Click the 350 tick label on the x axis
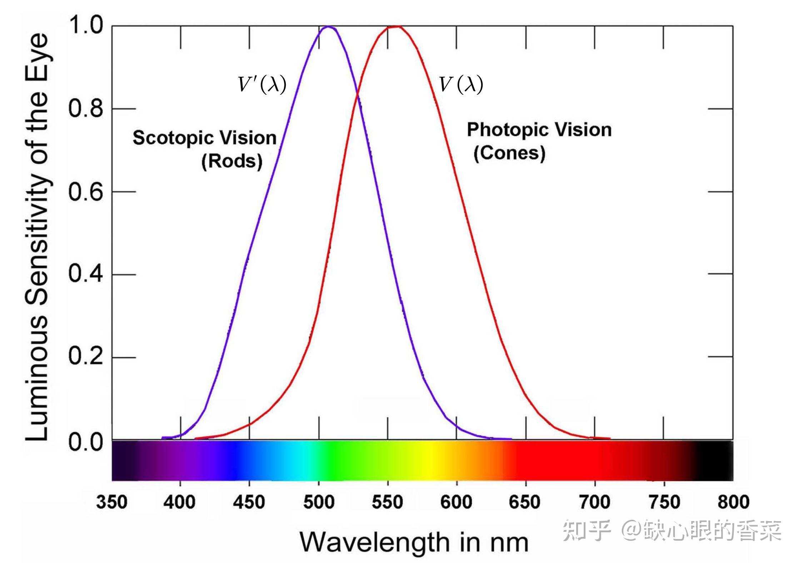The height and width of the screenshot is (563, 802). [111, 502]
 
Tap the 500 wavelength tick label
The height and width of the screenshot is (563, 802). [319, 502]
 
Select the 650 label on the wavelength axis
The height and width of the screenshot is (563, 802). [524, 502]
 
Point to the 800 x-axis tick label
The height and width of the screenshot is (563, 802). [733, 502]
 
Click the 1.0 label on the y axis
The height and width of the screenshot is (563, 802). [86, 26]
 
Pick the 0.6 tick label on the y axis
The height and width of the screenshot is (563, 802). [86, 192]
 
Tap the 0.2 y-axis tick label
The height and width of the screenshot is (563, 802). [86, 356]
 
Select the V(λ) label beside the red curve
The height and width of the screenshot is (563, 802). [461, 85]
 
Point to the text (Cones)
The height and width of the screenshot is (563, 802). [509, 153]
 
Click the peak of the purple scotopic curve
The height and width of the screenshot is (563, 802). [328, 26]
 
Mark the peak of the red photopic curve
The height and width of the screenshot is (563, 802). [394, 26]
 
